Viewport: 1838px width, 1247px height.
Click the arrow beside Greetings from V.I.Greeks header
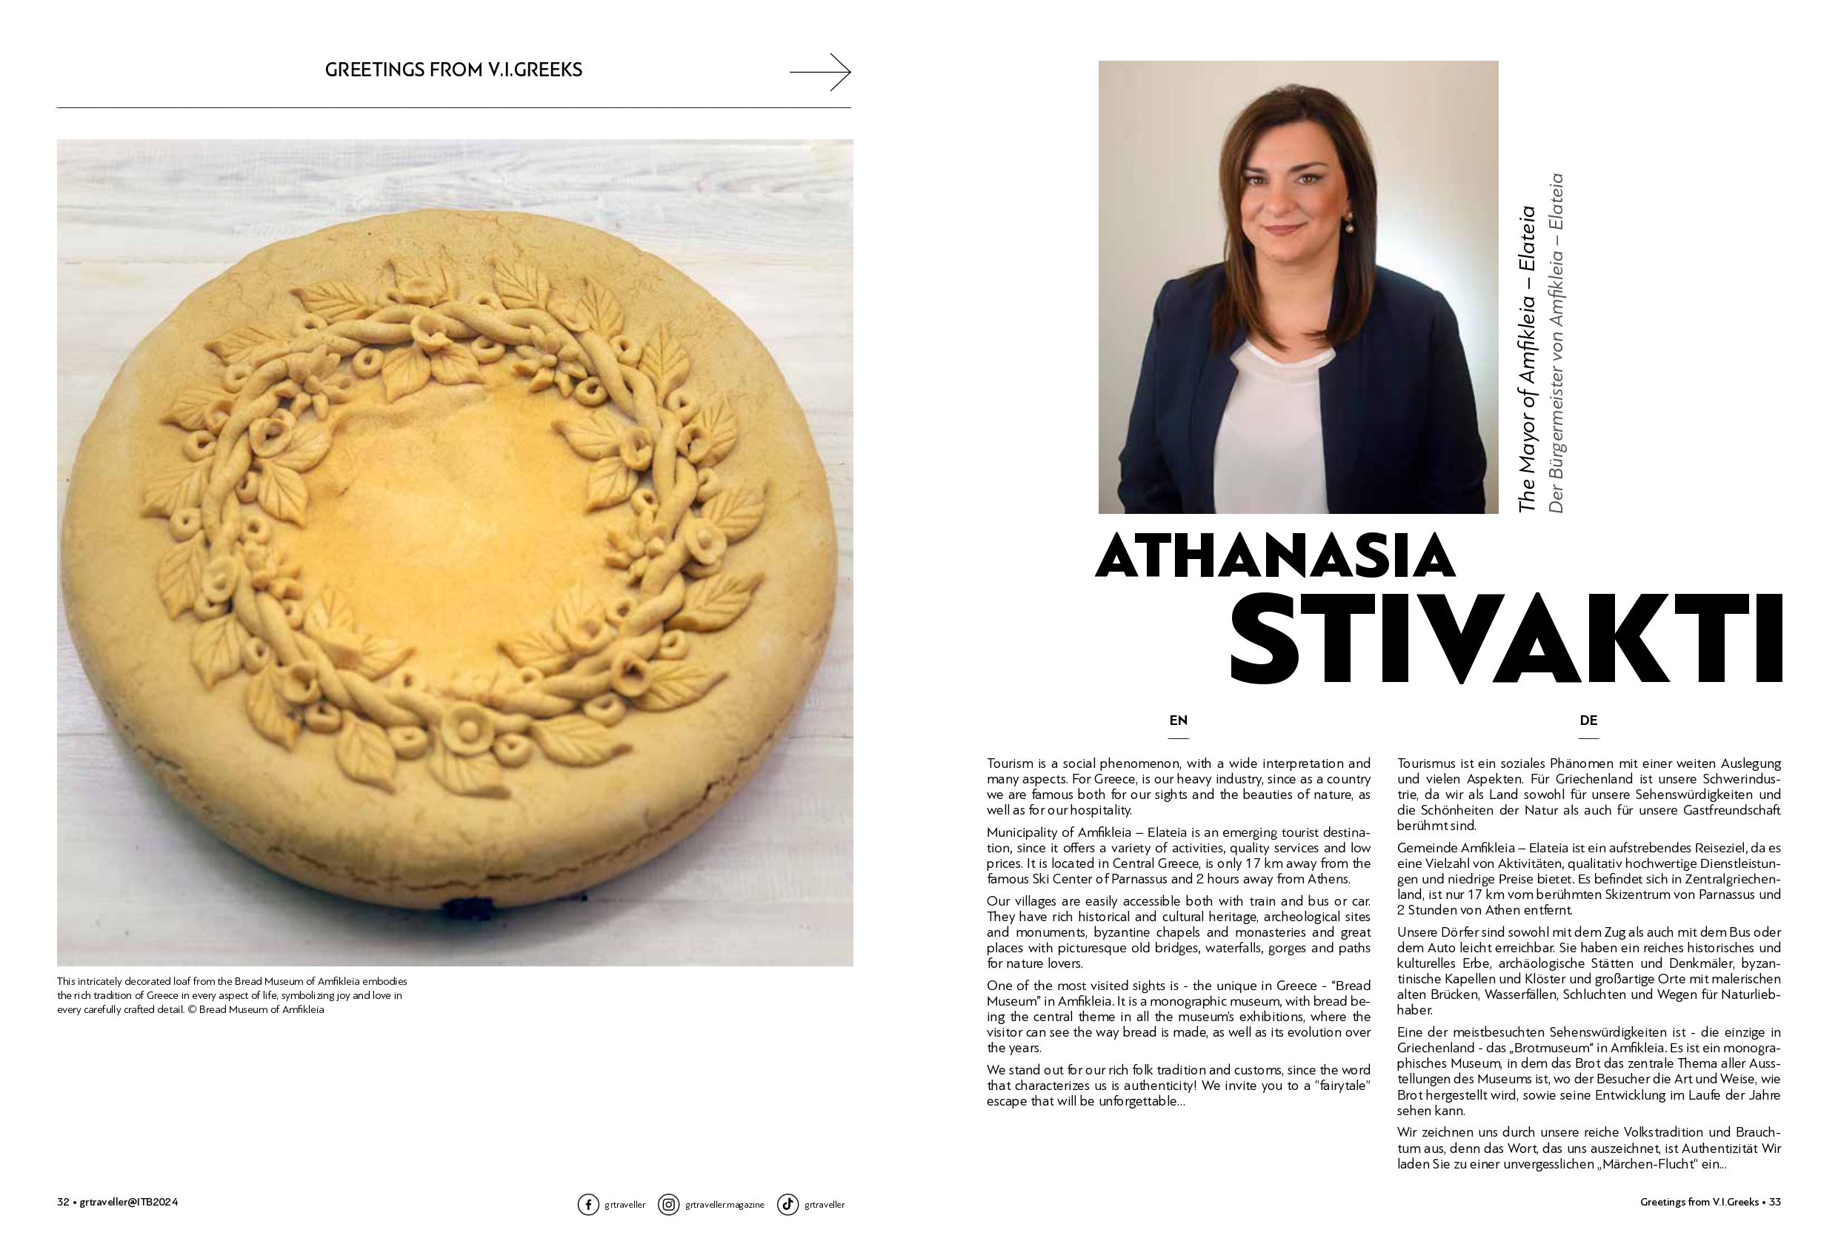tap(820, 72)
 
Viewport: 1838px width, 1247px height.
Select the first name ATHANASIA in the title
tap(1274, 556)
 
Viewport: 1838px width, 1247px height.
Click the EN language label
tap(1179, 721)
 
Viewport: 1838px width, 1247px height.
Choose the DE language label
tap(1588, 721)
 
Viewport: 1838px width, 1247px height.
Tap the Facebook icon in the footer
tap(587, 1204)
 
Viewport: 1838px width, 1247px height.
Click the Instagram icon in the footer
tap(668, 1204)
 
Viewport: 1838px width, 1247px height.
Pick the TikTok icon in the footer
tap(787, 1204)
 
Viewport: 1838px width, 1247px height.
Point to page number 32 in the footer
tap(63, 1202)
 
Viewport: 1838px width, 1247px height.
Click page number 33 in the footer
tap(1775, 1202)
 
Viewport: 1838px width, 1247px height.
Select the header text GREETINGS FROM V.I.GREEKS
tap(453, 70)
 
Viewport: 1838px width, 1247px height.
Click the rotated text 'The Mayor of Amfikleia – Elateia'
tap(1526, 360)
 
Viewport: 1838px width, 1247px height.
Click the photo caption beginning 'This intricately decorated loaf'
tap(232, 995)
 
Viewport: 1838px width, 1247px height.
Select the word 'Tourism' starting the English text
tap(1010, 764)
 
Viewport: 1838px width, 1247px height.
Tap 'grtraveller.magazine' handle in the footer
tap(725, 1205)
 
